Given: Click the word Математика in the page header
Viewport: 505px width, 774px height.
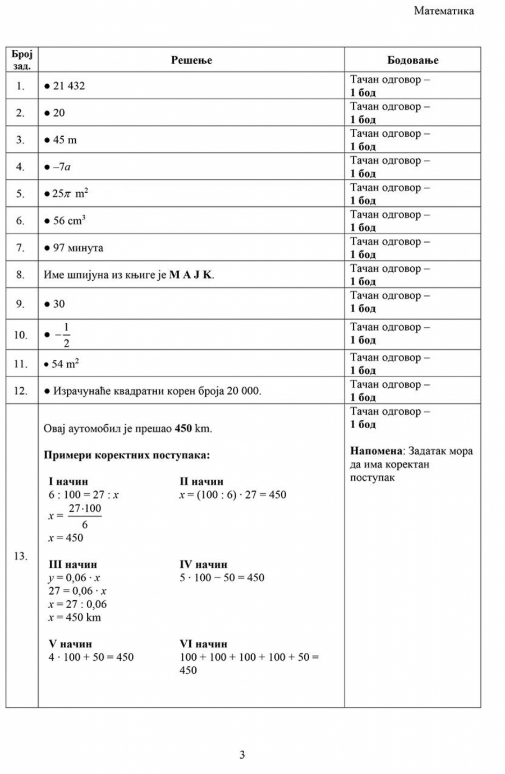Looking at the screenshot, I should pos(443,11).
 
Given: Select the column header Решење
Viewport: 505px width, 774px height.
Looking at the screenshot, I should pos(191,60).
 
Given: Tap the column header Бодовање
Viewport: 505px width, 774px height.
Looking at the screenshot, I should pos(412,60).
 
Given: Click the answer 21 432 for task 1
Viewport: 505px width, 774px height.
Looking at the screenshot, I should pos(68,86).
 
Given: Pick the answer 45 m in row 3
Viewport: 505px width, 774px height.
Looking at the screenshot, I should pos(65,140).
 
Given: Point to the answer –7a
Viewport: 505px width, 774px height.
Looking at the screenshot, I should pos(62,166).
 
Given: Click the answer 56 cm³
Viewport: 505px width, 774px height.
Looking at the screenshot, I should pos(69,220).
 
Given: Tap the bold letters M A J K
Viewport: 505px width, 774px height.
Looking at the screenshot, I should pos(191,275).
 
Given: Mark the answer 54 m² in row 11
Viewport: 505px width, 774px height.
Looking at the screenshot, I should pos(65,364).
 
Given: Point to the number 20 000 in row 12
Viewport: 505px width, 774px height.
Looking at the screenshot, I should pos(244,391).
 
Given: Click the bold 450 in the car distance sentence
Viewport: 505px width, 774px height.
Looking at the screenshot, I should pos(183,429).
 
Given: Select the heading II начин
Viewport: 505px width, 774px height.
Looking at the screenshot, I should pos(201,481).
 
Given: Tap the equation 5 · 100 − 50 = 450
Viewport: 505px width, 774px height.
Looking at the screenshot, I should pos(222,577).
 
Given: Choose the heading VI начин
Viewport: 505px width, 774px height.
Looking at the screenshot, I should pos(203,644).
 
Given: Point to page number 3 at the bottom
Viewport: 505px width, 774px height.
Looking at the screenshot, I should pos(242,755).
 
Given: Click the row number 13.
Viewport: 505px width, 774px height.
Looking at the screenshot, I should pos(21,556).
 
